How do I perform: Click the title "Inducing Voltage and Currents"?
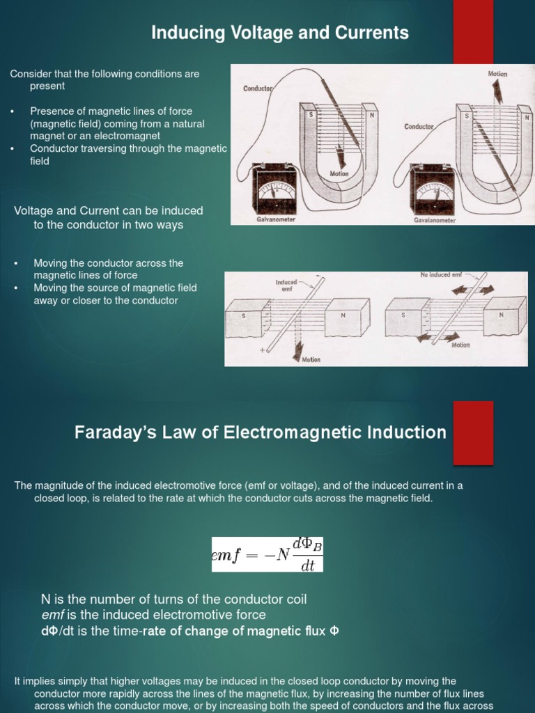tap(280, 33)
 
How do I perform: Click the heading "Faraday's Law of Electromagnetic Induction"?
tap(261, 432)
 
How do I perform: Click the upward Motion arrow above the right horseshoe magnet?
tap(497, 89)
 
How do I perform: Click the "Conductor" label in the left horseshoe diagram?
tap(258, 88)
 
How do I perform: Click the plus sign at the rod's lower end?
tap(263, 351)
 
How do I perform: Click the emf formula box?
tap(267, 554)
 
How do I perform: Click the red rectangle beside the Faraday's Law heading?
tap(473, 432)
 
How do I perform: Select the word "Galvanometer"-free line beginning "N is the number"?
tap(173, 599)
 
